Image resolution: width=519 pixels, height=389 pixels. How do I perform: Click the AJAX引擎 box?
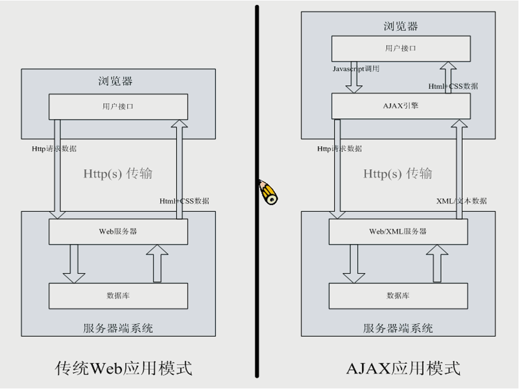[401, 105]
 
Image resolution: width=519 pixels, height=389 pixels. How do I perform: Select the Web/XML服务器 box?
[398, 231]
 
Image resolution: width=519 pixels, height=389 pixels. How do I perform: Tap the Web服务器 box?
[118, 231]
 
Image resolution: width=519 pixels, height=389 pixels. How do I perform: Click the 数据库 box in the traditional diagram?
[118, 295]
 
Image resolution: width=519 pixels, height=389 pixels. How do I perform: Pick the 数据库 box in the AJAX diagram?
[398, 295]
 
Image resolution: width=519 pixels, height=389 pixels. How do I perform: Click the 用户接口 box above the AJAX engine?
[401, 48]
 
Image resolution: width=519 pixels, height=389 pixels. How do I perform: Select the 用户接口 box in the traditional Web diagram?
[118, 107]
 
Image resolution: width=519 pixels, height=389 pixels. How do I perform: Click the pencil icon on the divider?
[269, 192]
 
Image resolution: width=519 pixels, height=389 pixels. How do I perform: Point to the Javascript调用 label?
[356, 69]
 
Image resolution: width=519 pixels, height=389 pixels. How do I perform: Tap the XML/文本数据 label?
[461, 201]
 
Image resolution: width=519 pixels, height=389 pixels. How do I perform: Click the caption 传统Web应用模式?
[124, 368]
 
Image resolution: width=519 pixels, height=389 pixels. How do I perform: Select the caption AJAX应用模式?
[403, 368]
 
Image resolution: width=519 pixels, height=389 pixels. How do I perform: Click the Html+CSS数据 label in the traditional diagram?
[184, 201]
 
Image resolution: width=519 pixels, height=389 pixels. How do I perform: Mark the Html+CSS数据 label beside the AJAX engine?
[453, 86]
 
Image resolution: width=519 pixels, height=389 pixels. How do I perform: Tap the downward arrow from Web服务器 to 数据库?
[74, 263]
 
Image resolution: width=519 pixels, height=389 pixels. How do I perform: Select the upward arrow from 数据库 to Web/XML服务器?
[437, 263]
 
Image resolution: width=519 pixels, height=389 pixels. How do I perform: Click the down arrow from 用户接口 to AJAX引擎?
[354, 79]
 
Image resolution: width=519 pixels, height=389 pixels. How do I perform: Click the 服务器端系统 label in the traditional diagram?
[118, 328]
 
